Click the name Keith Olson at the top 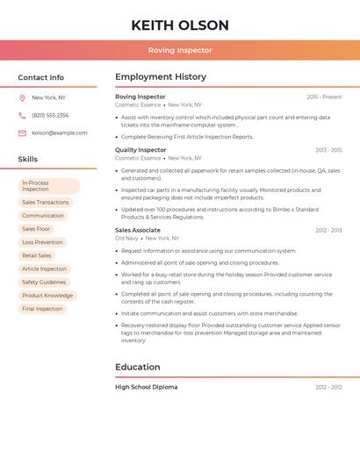coord(180,25)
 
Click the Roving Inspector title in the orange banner coord(180,50)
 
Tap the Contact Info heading coord(40,77)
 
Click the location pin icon coord(22,97)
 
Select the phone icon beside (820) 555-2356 coord(22,115)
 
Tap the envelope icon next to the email coord(22,132)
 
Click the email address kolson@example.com coord(60,132)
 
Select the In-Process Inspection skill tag coord(49,186)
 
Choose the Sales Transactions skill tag coord(45,203)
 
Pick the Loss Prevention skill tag coord(42,242)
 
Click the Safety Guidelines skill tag coord(44,283)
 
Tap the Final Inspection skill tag coord(42,309)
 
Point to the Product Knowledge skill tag coord(47,296)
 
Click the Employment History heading coord(161,77)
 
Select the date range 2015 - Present coord(324,97)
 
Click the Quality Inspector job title coord(140,150)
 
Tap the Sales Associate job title coord(138,230)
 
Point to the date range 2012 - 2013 coord(328,230)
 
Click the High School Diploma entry coord(146,387)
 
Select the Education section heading coord(138,367)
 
